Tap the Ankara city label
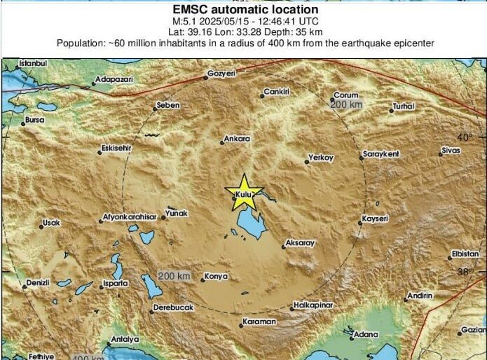(238, 139)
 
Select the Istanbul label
(32, 64)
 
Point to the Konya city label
(217, 277)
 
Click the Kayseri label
(376, 219)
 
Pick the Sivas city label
(451, 151)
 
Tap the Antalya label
(124, 340)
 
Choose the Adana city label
(364, 334)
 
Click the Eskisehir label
(116, 148)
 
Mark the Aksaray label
(301, 243)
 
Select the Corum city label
(346, 95)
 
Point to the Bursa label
(34, 120)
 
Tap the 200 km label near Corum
(346, 104)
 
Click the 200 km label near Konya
(174, 276)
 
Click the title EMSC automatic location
(245, 10)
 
